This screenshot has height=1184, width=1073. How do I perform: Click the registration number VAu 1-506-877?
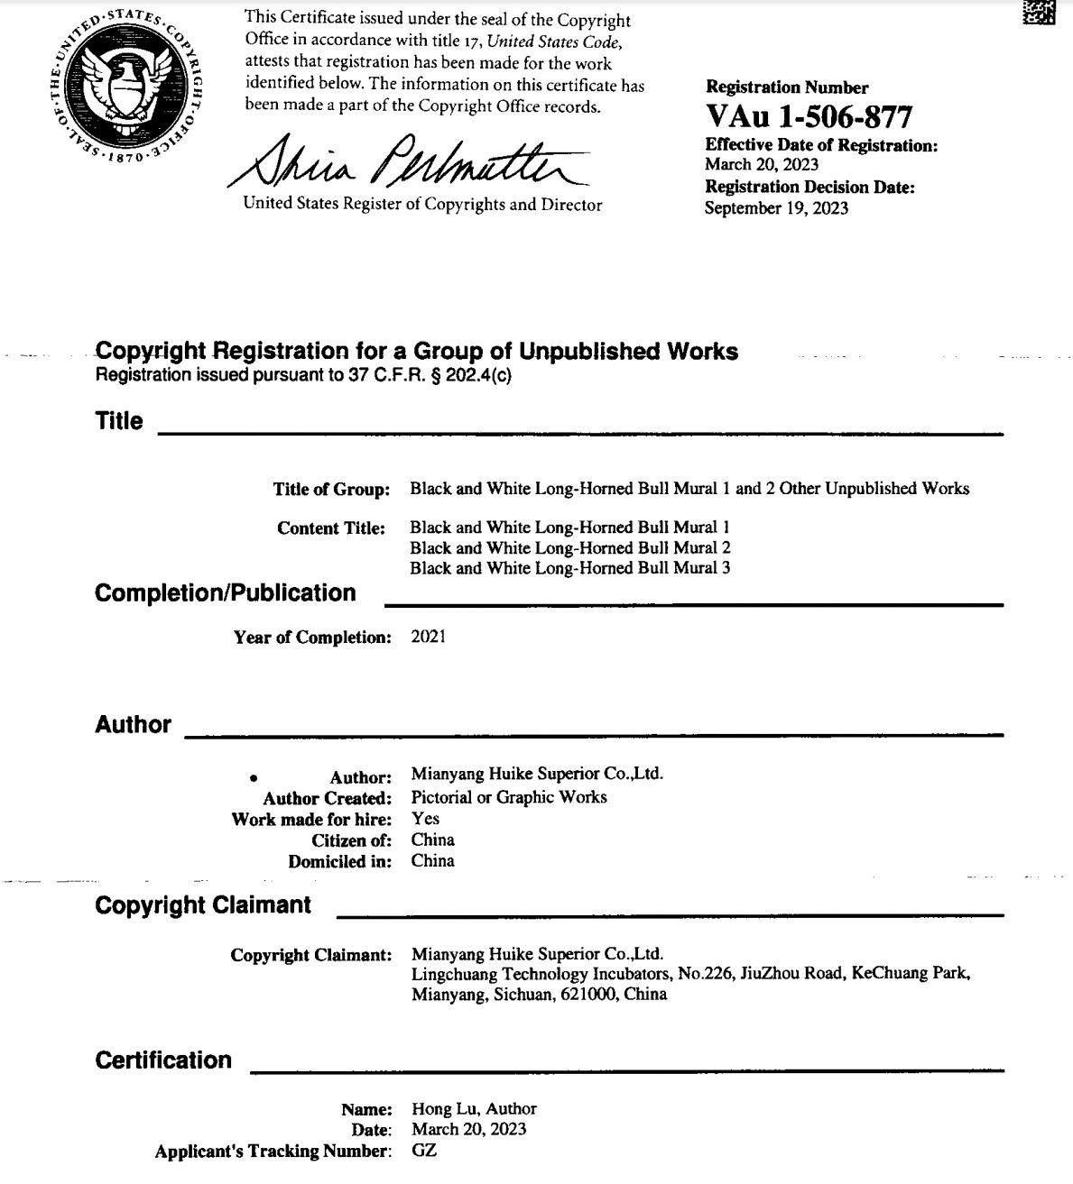[809, 116]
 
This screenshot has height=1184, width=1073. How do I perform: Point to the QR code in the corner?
[1039, 12]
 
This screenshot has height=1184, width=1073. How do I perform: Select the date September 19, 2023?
[776, 208]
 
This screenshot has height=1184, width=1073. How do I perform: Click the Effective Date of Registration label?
[821, 145]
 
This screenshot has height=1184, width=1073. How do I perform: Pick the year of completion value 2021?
[428, 637]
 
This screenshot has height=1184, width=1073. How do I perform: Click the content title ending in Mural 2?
[569, 547]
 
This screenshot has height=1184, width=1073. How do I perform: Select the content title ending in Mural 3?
[569, 568]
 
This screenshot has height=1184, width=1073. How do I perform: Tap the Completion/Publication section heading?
[226, 592]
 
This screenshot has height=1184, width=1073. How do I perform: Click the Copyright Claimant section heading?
[203, 904]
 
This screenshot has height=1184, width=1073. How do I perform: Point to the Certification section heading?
[163, 1060]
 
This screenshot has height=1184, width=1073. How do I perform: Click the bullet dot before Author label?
[254, 777]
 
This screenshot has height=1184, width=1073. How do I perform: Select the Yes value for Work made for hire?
[425, 819]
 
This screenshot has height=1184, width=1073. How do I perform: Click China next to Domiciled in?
[433, 860]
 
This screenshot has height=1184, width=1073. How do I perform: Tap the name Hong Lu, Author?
[474, 1108]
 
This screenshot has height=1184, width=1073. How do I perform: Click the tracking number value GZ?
[423, 1151]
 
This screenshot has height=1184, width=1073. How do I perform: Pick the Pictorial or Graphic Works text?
[509, 797]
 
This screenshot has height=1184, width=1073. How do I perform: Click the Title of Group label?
[331, 490]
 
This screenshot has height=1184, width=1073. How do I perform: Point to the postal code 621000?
[589, 995]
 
